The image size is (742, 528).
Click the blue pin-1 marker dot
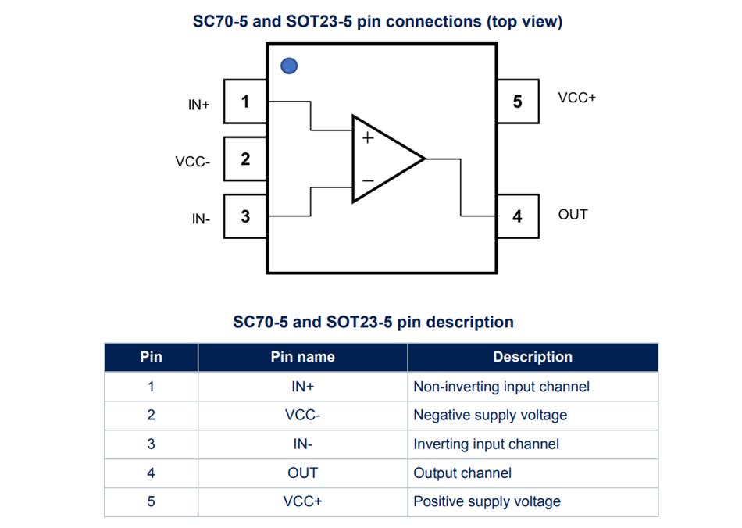pyautogui.click(x=289, y=66)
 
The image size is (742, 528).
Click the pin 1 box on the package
pyautogui.click(x=245, y=102)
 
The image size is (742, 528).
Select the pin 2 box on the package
pyautogui.click(x=245, y=159)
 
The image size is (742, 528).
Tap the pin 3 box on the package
pyautogui.click(x=245, y=216)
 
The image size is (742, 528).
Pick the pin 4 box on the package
pyautogui.click(x=517, y=216)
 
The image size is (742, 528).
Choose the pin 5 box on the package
pyautogui.click(x=517, y=102)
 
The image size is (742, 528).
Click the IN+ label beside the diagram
pyautogui.click(x=199, y=105)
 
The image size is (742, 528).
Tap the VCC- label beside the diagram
pyautogui.click(x=193, y=162)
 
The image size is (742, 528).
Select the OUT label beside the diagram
pyautogui.click(x=573, y=214)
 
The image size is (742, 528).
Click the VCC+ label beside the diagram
pyautogui.click(x=577, y=98)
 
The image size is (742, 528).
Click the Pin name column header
pyautogui.click(x=302, y=357)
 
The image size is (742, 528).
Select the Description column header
pyautogui.click(x=532, y=357)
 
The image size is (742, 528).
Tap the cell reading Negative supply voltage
pyautogui.click(x=490, y=416)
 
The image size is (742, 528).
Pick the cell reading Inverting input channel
pyautogui.click(x=486, y=444)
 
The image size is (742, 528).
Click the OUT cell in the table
pyautogui.click(x=302, y=473)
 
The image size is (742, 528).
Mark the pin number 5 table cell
pyautogui.click(x=151, y=501)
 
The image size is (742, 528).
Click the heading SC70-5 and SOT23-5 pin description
pyautogui.click(x=373, y=322)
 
